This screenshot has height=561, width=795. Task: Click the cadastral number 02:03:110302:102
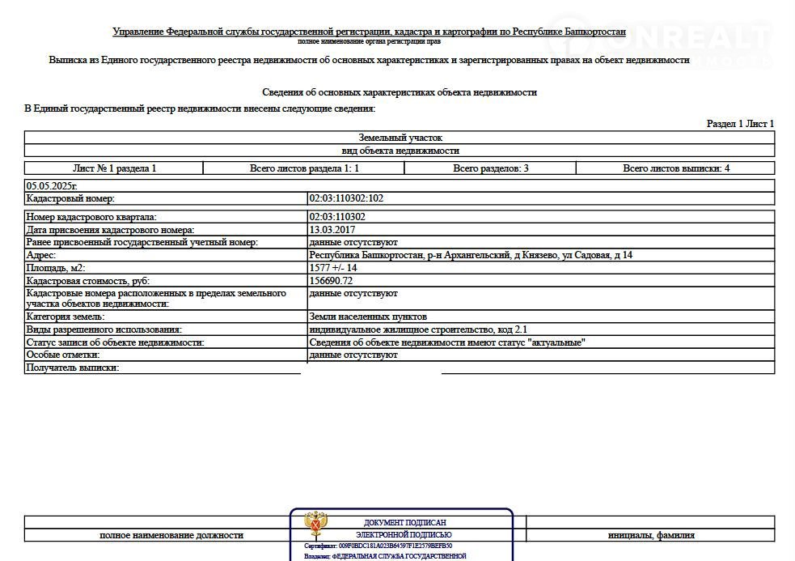[x=346, y=198]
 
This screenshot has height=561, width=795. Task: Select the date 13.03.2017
[x=332, y=230]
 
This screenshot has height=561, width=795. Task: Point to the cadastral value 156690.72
[x=331, y=280]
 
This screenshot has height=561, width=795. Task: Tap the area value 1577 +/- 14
[x=333, y=268]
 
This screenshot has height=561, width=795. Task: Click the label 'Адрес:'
[x=41, y=255]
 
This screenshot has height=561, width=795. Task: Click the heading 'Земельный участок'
[x=400, y=138]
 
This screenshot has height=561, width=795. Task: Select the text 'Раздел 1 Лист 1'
[x=740, y=124]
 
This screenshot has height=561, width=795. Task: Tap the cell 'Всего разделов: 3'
[x=490, y=168]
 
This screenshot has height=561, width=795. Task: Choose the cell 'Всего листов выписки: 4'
[x=676, y=168]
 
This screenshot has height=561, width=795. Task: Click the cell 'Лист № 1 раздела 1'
[x=114, y=168]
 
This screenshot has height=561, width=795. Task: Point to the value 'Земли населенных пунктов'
[x=368, y=317]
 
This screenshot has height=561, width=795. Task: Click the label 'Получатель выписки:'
[x=73, y=368]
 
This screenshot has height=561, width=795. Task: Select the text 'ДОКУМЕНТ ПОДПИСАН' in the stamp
[x=404, y=523]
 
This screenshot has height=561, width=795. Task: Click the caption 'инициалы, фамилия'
[x=651, y=535]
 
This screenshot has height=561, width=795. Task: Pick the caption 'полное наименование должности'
[x=171, y=535]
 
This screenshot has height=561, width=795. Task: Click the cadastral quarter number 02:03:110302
[x=337, y=217]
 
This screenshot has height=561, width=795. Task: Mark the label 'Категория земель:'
[x=66, y=317]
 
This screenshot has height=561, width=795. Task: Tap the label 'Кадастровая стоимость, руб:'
[x=88, y=280]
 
